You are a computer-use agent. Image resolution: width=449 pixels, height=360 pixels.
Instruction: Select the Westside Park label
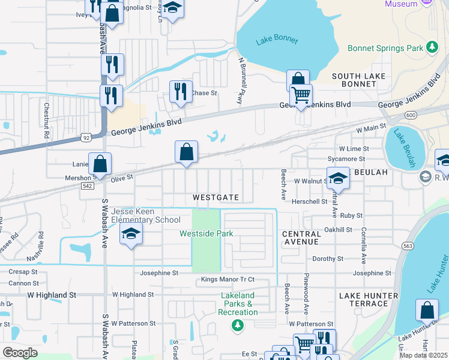(x=206, y=233)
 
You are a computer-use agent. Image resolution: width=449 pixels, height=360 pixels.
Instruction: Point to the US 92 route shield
(x=86, y=137)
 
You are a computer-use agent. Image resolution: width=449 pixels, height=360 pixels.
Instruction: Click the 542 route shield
(x=87, y=186)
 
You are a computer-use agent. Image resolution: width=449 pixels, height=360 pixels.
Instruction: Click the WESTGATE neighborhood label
(x=215, y=197)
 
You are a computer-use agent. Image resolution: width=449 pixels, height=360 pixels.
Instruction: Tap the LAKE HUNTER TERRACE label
(x=368, y=299)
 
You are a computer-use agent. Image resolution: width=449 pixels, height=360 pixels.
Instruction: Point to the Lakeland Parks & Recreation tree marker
(x=238, y=326)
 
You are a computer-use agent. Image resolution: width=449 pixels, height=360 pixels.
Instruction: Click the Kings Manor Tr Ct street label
(x=228, y=280)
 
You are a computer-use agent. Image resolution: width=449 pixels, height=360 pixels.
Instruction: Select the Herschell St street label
(x=309, y=202)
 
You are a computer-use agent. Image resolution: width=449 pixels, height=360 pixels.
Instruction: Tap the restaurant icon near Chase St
(x=181, y=91)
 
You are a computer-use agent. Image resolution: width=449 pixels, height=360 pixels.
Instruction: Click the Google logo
(x=20, y=353)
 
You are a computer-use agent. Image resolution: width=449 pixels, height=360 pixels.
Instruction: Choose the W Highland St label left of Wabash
(x=52, y=295)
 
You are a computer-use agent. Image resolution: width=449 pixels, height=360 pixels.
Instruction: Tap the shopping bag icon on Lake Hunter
(x=427, y=310)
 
